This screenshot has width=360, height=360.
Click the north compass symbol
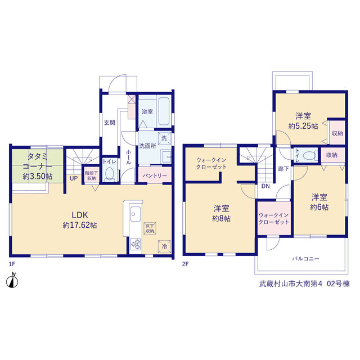point(12,281)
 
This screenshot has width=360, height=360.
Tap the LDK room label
point(80,215)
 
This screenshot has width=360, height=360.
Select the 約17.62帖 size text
point(80,225)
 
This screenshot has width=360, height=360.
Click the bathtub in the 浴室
point(164,111)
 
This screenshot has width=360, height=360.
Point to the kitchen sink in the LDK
point(136,214)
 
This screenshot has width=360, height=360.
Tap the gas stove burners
point(136,244)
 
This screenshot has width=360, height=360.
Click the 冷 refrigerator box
point(164,246)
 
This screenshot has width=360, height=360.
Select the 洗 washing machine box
point(164,138)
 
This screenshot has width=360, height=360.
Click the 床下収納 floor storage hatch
point(150,228)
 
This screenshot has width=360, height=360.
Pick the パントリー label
point(155,176)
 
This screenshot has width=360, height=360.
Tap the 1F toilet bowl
point(110,173)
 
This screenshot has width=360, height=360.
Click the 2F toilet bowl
point(309,155)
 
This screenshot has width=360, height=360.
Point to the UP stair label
point(74,178)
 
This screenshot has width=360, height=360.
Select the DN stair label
point(265,186)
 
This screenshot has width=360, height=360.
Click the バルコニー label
point(305,259)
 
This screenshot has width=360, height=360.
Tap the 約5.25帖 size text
point(303,126)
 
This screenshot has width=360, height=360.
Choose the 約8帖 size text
point(221,218)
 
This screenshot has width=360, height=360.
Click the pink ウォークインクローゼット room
point(274,218)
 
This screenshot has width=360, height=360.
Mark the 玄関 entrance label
point(110,123)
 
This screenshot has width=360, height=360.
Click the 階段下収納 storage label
point(91,175)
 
